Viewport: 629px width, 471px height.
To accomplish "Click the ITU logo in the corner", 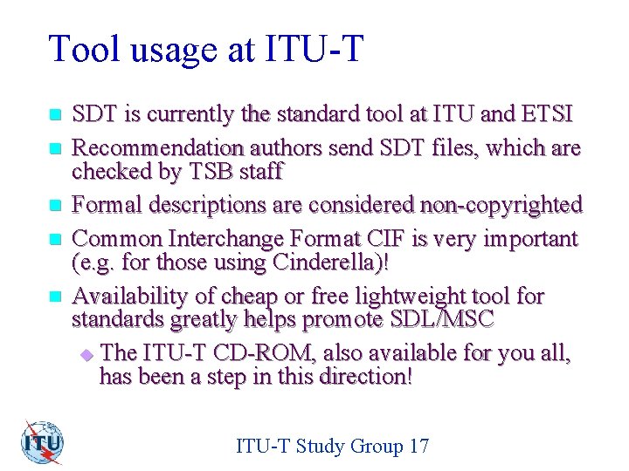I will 43,443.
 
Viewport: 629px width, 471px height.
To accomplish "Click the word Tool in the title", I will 82,50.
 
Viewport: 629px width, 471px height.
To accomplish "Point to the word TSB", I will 206,171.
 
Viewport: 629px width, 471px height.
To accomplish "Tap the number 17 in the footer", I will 418,447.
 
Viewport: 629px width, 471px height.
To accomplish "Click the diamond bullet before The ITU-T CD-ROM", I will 86,355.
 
